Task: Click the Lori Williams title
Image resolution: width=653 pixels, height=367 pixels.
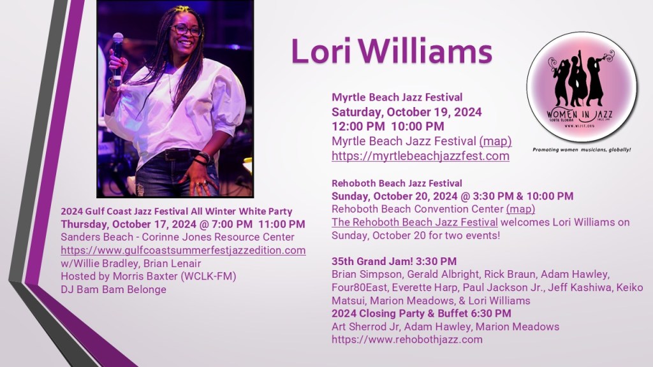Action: pos(392,52)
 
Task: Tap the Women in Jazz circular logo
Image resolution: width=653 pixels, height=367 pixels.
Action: pos(582,87)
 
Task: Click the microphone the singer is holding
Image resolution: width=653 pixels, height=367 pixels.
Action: pos(117,58)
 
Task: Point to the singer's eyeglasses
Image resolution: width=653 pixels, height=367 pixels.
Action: pos(186,30)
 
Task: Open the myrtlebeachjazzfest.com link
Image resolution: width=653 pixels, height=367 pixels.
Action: pos(420,156)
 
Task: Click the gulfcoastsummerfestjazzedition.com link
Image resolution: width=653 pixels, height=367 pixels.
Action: pos(183,250)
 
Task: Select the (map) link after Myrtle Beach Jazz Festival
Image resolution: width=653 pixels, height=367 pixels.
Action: pos(495,141)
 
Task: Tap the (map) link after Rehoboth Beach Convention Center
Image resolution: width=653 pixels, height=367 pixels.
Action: pos(520,209)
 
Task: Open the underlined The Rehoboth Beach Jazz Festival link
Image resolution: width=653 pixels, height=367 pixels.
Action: pos(415,222)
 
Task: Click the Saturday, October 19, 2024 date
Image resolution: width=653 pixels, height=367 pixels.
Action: pos(406,112)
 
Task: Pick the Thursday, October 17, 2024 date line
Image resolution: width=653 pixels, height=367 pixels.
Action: pos(183,224)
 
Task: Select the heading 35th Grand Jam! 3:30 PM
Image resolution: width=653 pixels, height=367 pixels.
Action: pos(394,261)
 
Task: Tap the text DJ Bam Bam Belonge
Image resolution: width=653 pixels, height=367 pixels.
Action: pos(114,290)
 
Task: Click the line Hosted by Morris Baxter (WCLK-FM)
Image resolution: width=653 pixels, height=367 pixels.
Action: pos(148,277)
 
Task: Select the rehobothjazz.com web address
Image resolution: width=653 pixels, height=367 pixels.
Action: pos(407,340)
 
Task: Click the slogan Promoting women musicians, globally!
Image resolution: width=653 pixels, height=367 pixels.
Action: pos(582,150)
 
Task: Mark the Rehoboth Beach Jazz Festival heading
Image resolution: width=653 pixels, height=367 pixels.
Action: pos(397,183)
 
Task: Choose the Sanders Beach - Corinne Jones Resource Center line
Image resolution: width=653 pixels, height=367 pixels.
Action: pos(177,237)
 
